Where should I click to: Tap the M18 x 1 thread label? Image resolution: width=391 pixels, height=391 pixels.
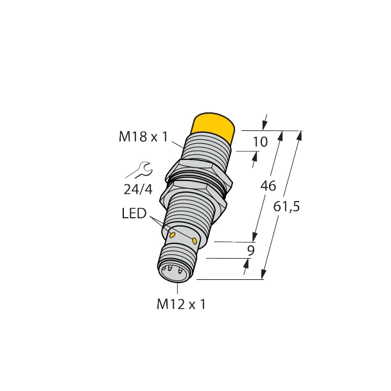pyautogui.click(x=143, y=137)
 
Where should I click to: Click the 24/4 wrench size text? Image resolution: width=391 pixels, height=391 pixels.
pyautogui.click(x=138, y=189)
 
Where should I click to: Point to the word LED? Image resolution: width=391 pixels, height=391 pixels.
pyautogui.click(x=134, y=213)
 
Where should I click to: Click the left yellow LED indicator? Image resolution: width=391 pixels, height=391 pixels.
pyautogui.click(x=172, y=236)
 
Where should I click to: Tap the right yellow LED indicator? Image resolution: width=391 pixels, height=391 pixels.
pyautogui.click(x=195, y=240)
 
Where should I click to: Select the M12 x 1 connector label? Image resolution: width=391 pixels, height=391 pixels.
pyautogui.click(x=181, y=304)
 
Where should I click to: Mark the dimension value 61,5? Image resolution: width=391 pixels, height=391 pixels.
pyautogui.click(x=287, y=207)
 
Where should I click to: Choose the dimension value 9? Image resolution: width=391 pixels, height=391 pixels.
pyautogui.click(x=250, y=250)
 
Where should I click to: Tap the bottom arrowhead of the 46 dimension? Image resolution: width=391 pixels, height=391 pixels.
pyautogui.click(x=256, y=238)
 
